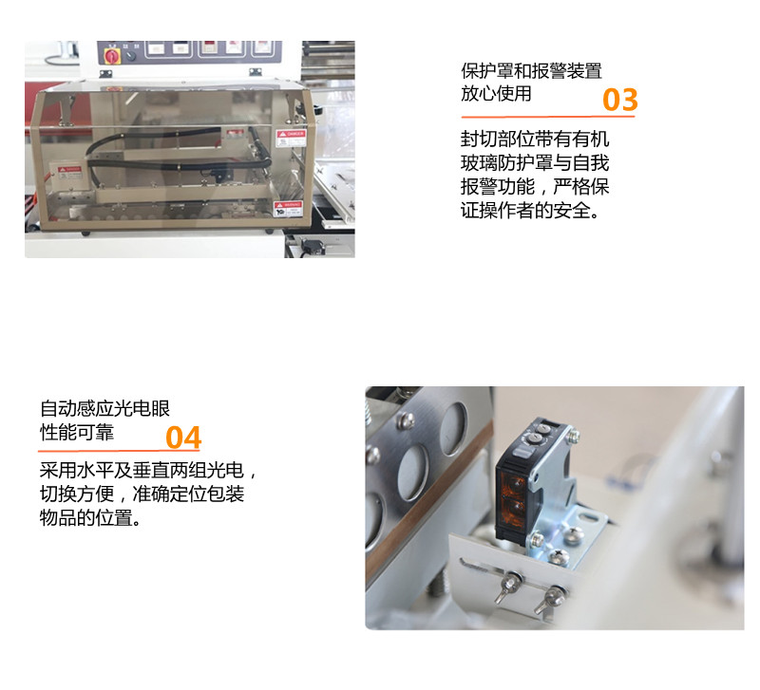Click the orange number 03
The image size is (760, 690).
pos(619,100)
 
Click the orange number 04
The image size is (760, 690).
pos(183,438)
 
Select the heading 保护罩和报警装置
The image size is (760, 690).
pos(531,71)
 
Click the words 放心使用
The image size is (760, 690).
pos(496,94)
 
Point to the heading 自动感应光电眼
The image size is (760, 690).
pos(104,409)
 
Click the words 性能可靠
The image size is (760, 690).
pos(76,432)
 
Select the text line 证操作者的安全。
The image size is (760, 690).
pos(531,211)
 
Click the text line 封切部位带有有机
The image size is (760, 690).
pos(534,140)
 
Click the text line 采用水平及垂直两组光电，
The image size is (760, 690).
pos(148,471)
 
